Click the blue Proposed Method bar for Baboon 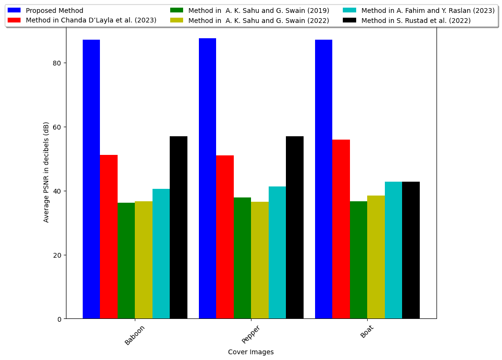point(91,179)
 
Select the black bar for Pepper point(295,228)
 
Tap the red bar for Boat point(341,229)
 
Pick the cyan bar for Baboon point(161,254)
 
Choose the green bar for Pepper point(242,258)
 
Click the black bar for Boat point(411,250)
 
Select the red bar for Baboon point(109,237)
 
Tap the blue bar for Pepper point(207,178)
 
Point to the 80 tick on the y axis point(57,63)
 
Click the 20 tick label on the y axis point(57,255)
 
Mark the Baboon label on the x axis point(135,335)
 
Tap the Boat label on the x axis point(366,331)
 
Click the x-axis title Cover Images point(251,352)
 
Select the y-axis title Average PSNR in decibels point(46,172)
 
